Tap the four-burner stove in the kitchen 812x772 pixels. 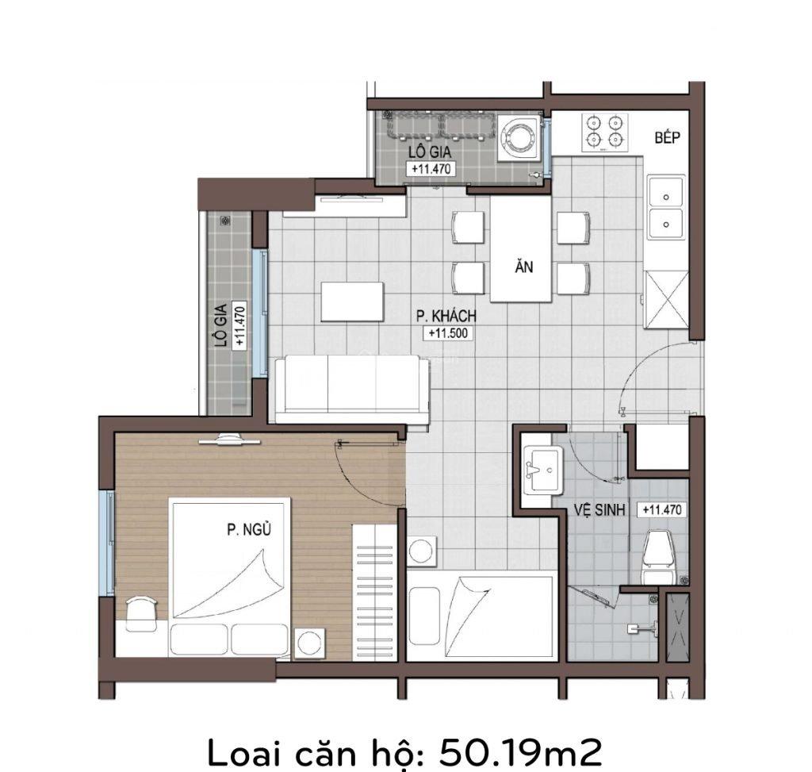606,133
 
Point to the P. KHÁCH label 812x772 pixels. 446,317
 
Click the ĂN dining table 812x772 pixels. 521,248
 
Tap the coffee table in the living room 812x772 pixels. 352,302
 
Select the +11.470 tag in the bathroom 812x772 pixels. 662,510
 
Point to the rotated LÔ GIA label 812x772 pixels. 220,325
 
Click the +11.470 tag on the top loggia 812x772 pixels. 431,168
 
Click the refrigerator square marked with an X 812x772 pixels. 666,299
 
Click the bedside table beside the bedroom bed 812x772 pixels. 309,642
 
